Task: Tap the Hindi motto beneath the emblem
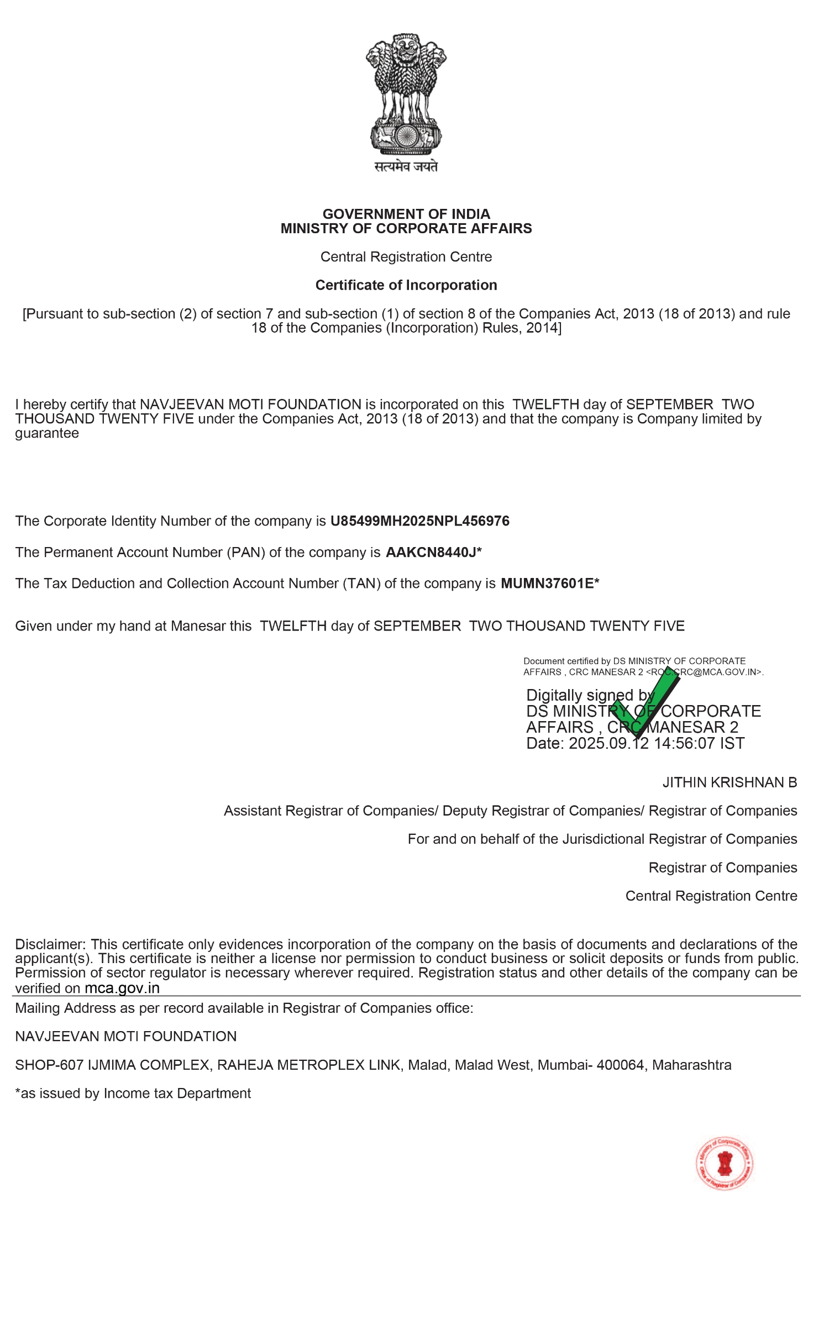pos(406,166)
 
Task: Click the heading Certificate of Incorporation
pos(406,285)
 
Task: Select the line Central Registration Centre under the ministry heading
pos(406,257)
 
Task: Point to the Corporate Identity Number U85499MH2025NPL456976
pos(420,521)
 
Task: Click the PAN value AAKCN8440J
pos(431,553)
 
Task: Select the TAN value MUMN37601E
pos(547,583)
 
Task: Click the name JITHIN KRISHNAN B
pos(730,782)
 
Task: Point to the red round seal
pos(725,1164)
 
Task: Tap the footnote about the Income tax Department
pos(133,1094)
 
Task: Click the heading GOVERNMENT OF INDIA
pos(406,214)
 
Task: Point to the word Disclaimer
pos(50,944)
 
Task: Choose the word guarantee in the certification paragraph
pos(47,434)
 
